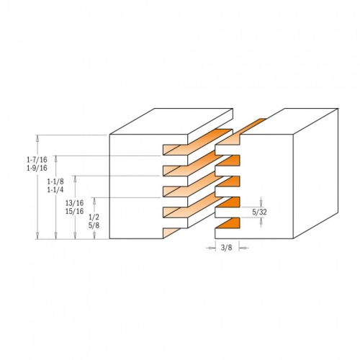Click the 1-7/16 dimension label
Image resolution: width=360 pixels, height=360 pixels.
pyautogui.click(x=37, y=160)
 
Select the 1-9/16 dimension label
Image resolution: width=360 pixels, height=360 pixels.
pyautogui.click(x=37, y=168)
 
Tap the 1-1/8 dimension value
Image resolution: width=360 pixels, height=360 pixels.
pyautogui.click(x=55, y=181)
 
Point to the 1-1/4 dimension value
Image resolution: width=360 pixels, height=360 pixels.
pyautogui.click(x=55, y=190)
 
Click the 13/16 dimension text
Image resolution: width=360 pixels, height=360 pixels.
pyautogui.click(x=75, y=203)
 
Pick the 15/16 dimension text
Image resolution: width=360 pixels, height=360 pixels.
pyautogui.click(x=75, y=211)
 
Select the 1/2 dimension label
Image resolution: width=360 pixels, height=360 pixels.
pyautogui.click(x=94, y=217)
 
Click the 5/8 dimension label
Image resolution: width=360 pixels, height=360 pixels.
pyautogui.click(x=94, y=225)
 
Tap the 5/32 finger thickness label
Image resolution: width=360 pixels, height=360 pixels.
pyautogui.click(x=259, y=212)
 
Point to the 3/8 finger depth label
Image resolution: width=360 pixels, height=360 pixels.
pyautogui.click(x=227, y=248)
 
